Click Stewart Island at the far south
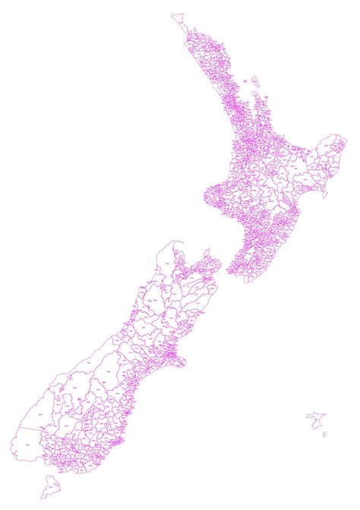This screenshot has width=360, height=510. [50, 484]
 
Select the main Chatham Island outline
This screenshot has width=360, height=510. [317, 420]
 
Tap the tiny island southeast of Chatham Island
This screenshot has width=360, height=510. [325, 436]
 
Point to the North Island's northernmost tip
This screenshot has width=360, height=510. [176, 14]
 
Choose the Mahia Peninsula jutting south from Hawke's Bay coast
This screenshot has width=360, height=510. [324, 193]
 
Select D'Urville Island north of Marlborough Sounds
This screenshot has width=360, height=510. [207, 251]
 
